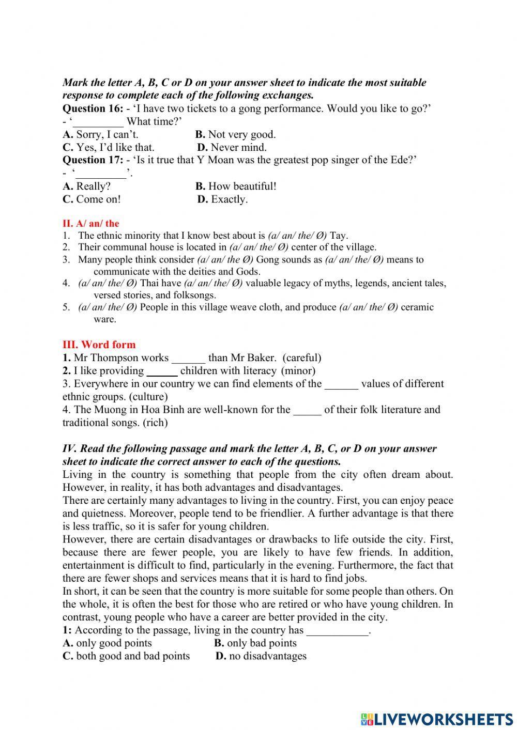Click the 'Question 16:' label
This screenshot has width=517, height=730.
click(x=93, y=108)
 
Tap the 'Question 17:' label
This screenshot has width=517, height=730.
click(x=93, y=160)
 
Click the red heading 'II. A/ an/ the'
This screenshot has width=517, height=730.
click(x=90, y=224)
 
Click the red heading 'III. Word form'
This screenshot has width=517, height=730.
click(x=99, y=345)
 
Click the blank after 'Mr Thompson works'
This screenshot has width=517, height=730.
click(x=188, y=358)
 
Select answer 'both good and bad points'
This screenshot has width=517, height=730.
click(x=133, y=656)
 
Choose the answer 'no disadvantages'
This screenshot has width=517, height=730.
click(x=268, y=656)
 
